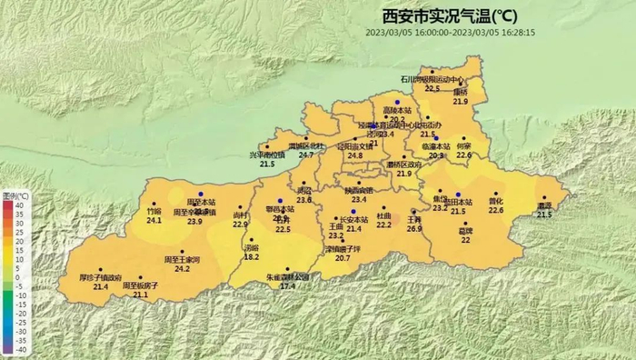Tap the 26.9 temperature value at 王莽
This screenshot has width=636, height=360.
(414, 229)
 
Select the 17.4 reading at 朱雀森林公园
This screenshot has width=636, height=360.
(287, 286)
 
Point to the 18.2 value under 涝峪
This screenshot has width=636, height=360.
(252, 257)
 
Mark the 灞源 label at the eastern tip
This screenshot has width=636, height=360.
(543, 205)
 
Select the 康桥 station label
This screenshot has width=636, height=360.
(461, 92)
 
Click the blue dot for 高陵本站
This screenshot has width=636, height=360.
(397, 102)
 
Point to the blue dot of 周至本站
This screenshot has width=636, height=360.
(201, 194)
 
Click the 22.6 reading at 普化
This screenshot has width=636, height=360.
(495, 210)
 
